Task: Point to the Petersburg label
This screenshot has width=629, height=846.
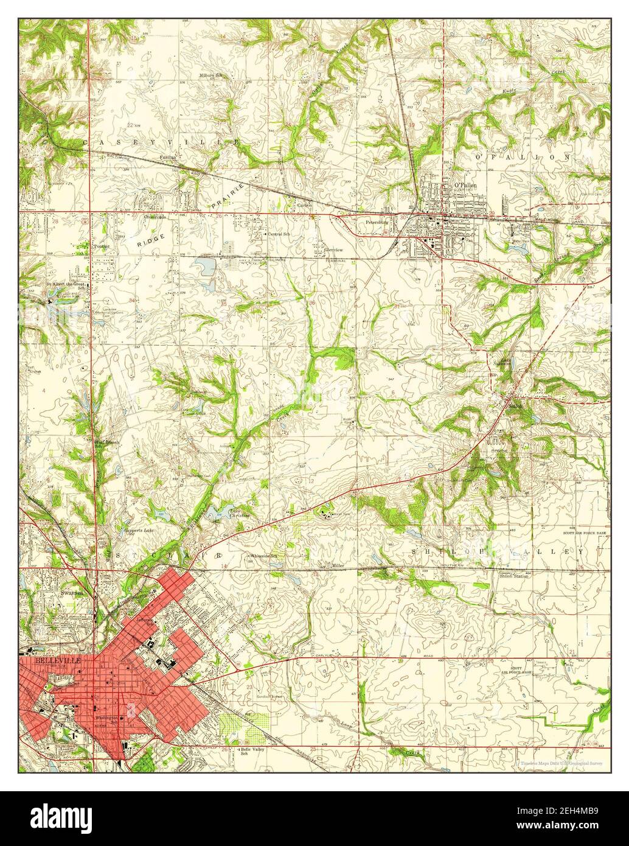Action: [x=377, y=222]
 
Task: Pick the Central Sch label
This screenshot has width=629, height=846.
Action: [x=279, y=234]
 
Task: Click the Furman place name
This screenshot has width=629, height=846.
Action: [x=167, y=157]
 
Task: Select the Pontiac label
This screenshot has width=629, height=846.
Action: [x=101, y=246]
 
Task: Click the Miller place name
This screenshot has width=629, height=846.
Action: [x=338, y=566]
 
